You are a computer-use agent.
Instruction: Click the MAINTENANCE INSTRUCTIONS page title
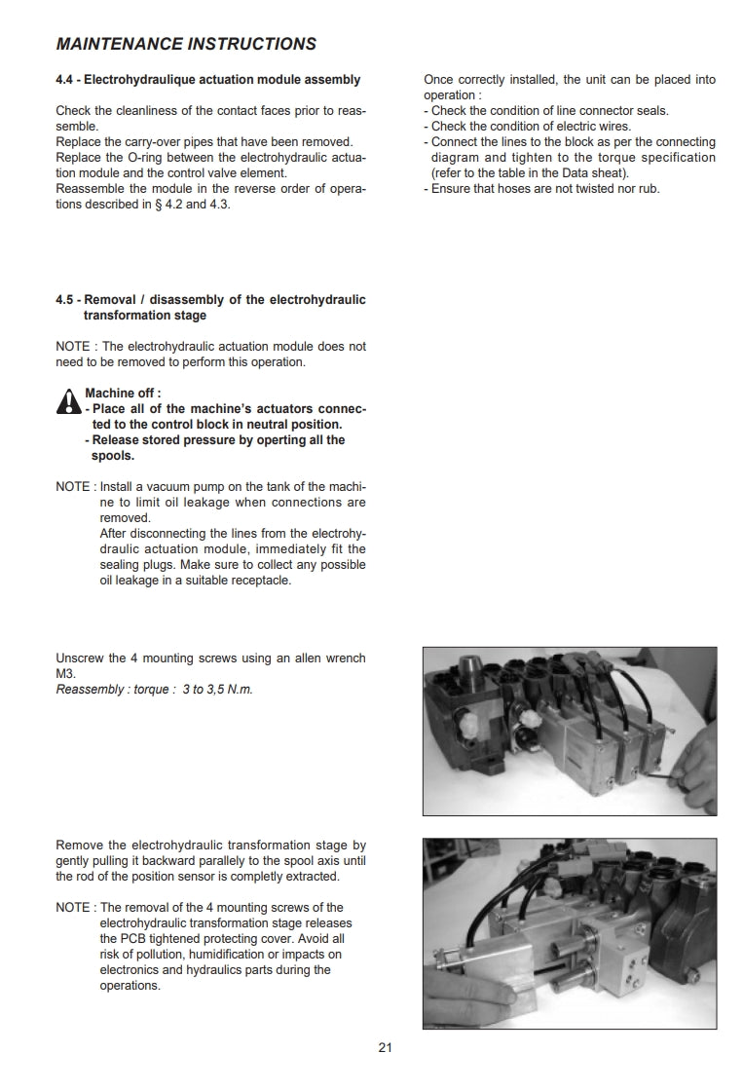tap(186, 44)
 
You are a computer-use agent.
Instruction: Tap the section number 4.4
tap(66, 80)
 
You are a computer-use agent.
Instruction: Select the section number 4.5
tap(66, 300)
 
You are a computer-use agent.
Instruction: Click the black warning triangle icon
tap(68, 402)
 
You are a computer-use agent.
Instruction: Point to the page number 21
tap(385, 1048)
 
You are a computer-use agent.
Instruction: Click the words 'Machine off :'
tap(123, 394)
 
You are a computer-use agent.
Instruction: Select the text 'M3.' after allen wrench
tap(65, 674)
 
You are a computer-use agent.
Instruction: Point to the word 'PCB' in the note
tap(130, 939)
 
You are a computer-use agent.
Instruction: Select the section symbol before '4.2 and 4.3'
tap(158, 205)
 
